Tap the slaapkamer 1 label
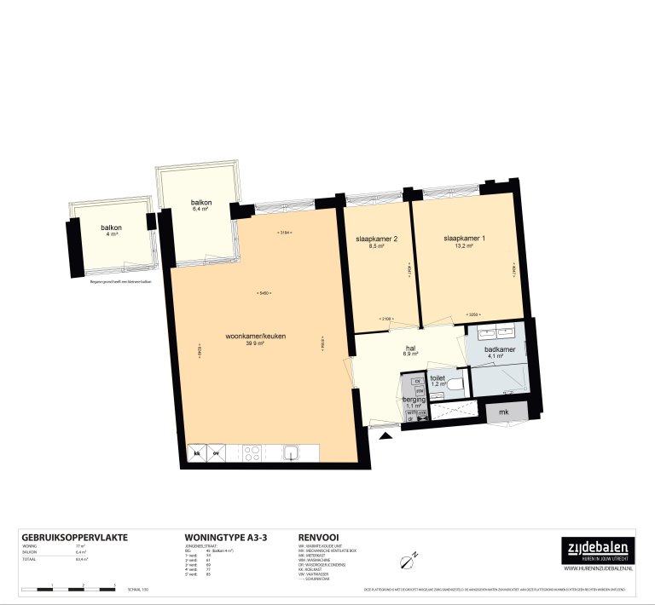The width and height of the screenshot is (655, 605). [x=464, y=239]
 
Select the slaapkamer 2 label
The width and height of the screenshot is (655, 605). [x=377, y=239]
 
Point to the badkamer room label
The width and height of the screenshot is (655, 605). [x=499, y=349]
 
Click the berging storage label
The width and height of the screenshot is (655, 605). [x=414, y=399]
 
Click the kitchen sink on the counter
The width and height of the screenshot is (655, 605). [x=291, y=452]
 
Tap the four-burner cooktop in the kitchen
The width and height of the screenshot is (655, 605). [x=253, y=452]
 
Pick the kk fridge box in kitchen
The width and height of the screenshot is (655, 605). [x=197, y=452]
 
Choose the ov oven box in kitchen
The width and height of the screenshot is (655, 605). [x=217, y=452]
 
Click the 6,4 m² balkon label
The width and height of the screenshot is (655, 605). [x=201, y=205]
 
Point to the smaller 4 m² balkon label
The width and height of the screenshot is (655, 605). [x=112, y=230]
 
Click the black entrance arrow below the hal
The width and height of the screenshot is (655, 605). [x=385, y=435]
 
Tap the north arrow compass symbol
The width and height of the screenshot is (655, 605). [x=407, y=560]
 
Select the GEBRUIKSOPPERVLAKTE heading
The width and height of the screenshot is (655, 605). [x=74, y=538]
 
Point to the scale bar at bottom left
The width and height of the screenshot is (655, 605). [x=68, y=588]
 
